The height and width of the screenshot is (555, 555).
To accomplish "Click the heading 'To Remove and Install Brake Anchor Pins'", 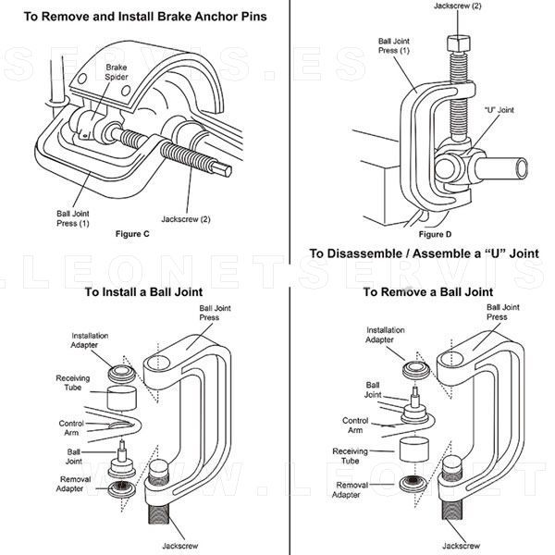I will pyautogui.click(x=140, y=18).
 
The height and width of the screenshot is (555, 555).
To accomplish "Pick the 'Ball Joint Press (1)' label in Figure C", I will pyautogui.click(x=72, y=218).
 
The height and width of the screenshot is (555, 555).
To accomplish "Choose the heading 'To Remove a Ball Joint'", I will pyautogui.click(x=427, y=291).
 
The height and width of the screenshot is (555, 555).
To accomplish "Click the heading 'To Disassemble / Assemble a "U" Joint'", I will pyautogui.click(x=424, y=253).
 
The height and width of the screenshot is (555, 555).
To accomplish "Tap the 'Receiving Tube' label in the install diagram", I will pyautogui.click(x=72, y=384).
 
